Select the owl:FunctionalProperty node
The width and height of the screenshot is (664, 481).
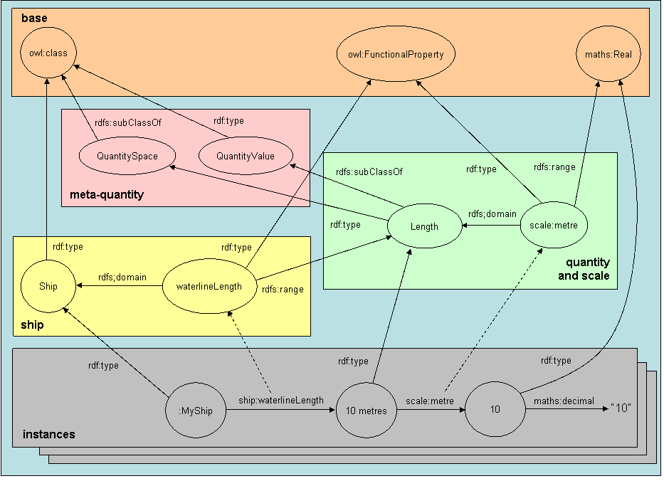tap(395, 54)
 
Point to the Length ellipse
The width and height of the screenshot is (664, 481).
tap(424, 227)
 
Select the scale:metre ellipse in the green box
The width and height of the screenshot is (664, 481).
tap(553, 226)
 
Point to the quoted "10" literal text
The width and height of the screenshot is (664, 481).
tap(621, 411)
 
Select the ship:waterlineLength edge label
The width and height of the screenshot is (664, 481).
tap(281, 401)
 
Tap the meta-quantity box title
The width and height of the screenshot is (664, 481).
tap(107, 194)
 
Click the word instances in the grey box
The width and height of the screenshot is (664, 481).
tap(48, 434)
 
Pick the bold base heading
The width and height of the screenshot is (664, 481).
tap(34, 16)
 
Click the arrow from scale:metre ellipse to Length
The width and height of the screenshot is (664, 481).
tap(491, 226)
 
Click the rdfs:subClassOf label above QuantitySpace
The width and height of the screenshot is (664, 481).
tap(128, 122)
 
